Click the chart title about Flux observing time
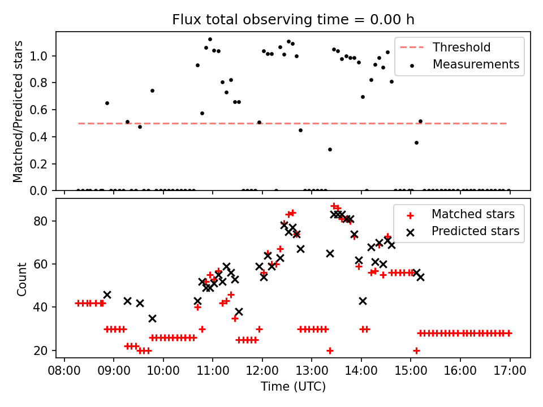coord(293,20)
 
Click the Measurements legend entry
coord(476,64)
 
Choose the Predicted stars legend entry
coord(475,231)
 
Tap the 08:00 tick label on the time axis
coord(64,371)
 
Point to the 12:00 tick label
coord(262,371)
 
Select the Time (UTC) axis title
coord(293,387)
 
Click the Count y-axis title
coord(21,279)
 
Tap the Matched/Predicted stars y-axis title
coord(18,111)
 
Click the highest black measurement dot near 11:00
coord(210,39)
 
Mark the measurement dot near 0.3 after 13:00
coord(330,149)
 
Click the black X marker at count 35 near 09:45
coord(152,318)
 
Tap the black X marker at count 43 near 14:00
coord(363,301)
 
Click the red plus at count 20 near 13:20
coord(330,350)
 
